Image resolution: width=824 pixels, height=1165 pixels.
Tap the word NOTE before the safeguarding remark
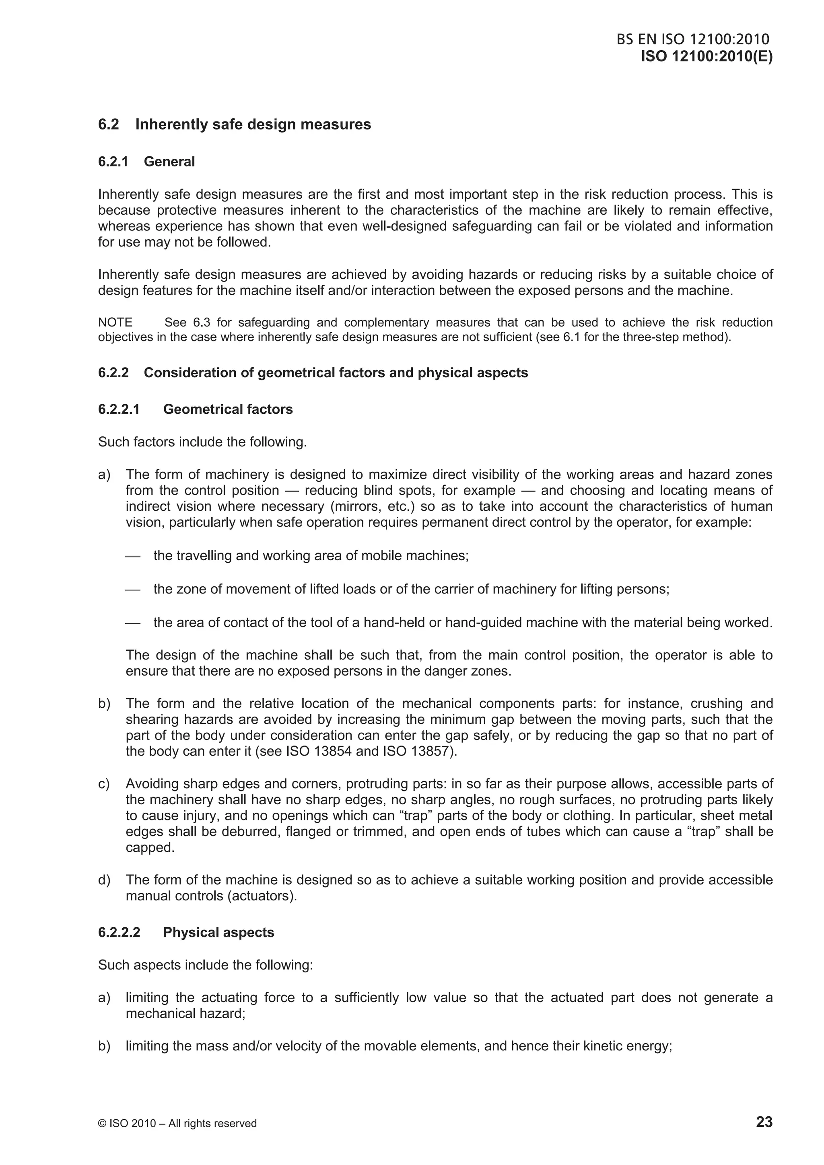click(115, 322)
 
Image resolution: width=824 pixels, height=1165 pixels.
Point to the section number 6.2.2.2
click(119, 932)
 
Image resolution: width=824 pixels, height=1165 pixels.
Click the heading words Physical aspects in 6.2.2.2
click(218, 932)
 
